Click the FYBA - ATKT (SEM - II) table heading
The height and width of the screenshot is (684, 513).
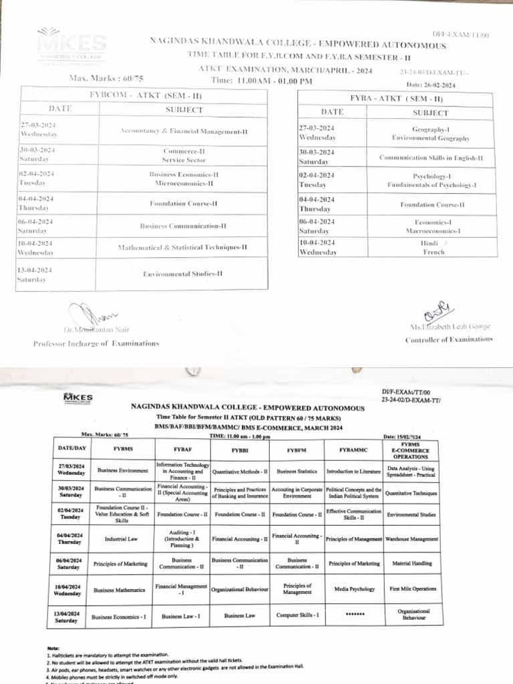tap(397, 98)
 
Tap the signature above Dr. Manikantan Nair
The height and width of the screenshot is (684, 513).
tap(94, 314)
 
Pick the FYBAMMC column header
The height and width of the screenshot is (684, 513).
tap(353, 450)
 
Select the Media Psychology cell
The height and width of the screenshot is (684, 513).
tap(353, 590)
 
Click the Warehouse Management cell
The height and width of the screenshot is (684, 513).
tap(412, 538)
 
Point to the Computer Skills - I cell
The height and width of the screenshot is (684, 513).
tap(297, 615)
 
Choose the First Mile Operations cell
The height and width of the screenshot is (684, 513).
tap(412, 589)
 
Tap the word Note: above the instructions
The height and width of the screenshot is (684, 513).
tap(53, 648)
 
